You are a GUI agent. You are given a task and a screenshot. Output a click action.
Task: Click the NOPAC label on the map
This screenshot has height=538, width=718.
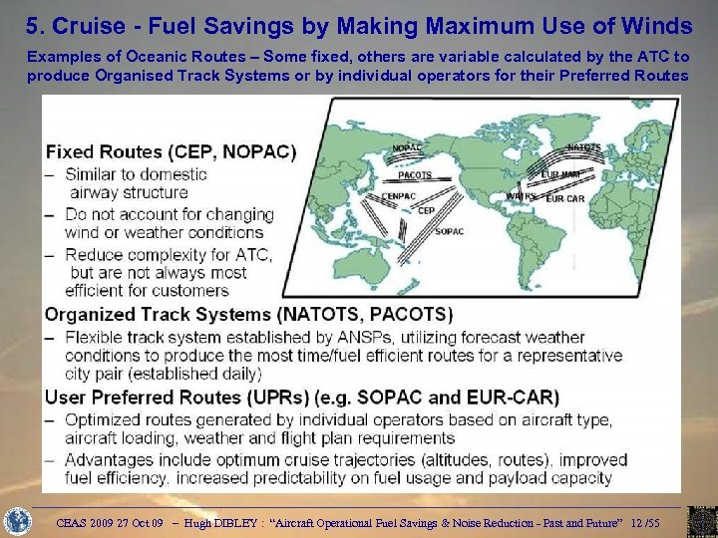[407, 148]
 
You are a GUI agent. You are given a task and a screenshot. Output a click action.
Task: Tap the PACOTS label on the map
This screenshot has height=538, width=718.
[415, 175]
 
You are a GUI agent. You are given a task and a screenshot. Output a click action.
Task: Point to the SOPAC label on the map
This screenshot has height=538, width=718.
[449, 232]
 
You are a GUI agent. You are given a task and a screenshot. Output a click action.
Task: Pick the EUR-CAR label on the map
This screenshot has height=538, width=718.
[565, 199]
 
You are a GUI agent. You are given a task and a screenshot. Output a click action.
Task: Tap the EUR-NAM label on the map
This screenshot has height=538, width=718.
[560, 174]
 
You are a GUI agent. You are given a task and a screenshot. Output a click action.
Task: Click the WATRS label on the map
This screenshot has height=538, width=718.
[520, 196]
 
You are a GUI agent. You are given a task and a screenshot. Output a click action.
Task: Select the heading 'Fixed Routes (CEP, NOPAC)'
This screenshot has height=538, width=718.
[171, 152]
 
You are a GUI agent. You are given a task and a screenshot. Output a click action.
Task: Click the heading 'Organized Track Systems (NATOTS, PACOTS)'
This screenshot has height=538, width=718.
[248, 314]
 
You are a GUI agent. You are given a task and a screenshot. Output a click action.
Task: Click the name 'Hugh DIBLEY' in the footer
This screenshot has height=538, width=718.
[224, 521]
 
